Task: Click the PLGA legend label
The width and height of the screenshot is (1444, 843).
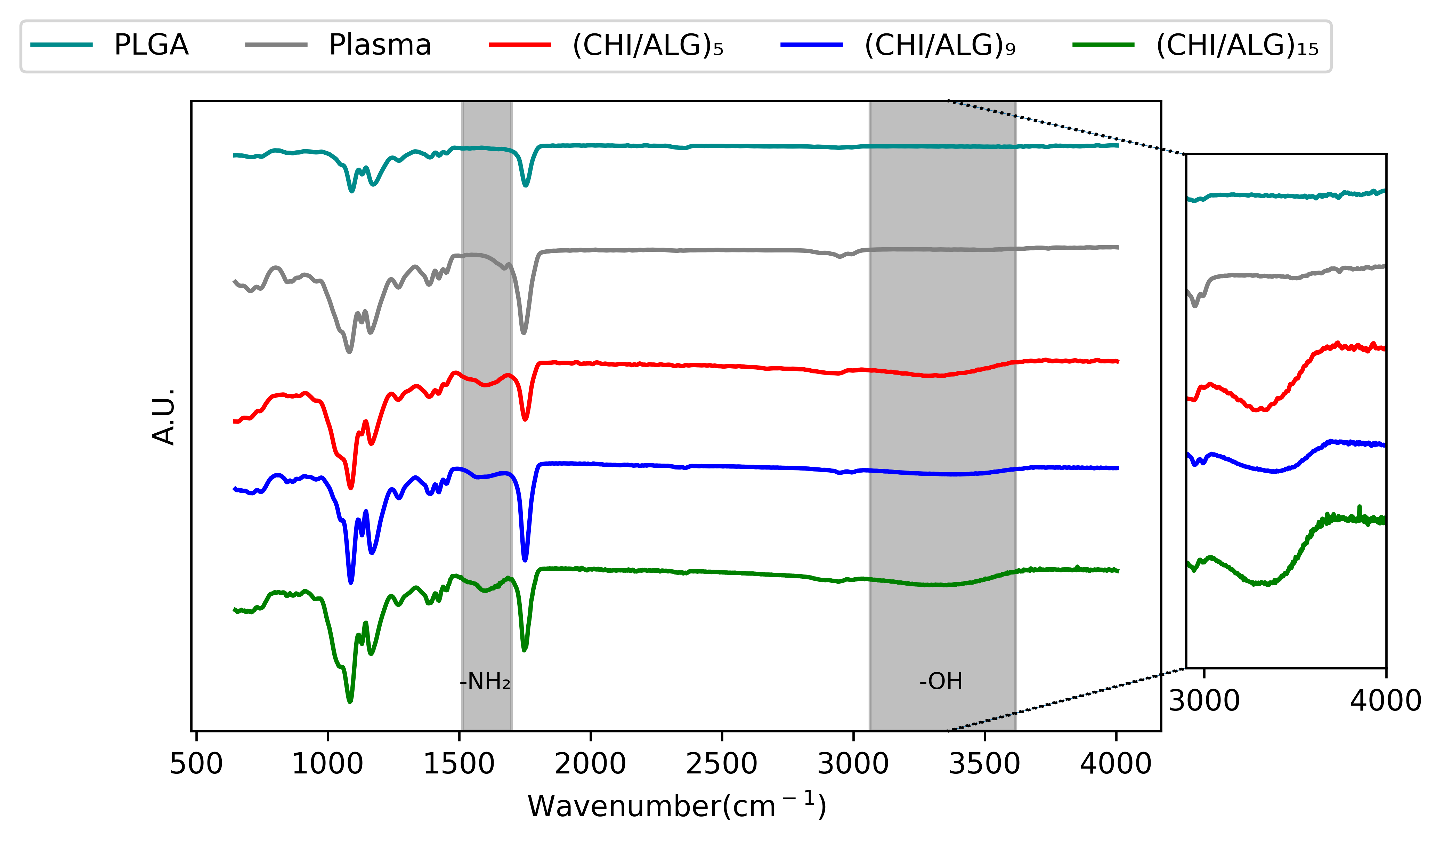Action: click(151, 45)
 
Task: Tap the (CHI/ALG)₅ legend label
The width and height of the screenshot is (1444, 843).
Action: click(648, 45)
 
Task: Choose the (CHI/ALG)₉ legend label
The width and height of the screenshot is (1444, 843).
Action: click(940, 45)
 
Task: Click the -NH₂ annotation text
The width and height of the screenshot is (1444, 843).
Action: click(485, 681)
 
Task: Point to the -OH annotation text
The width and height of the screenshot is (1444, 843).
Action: click(941, 681)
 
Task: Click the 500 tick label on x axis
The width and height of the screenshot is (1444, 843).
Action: click(196, 764)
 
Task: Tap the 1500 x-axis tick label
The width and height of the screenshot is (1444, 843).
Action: click(459, 764)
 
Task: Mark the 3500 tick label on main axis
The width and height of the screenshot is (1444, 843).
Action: click(984, 764)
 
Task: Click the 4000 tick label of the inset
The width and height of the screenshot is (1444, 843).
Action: click(1385, 700)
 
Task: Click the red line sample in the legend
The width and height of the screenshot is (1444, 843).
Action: click(520, 45)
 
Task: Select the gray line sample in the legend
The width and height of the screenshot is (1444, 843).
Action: click(276, 45)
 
